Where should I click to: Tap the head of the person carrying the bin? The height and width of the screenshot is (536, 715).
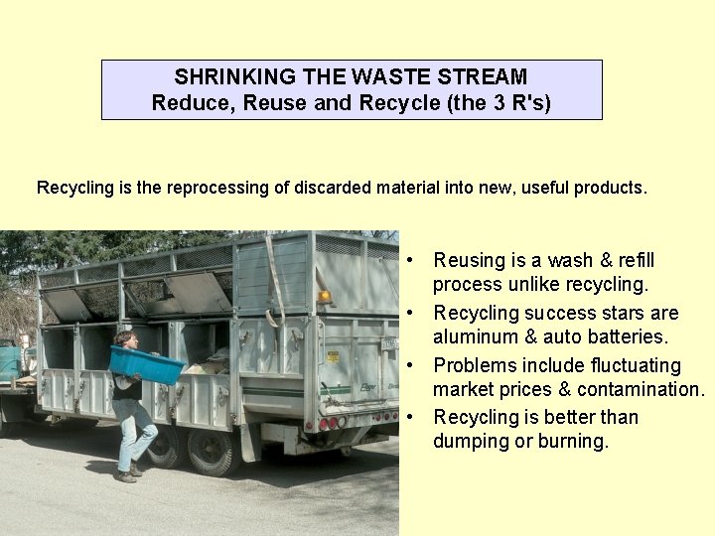tap(124, 339)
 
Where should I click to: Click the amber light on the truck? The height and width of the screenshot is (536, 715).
tap(324, 297)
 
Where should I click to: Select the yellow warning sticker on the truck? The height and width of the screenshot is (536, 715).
tap(333, 356)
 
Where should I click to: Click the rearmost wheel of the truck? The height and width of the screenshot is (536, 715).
tap(212, 452)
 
